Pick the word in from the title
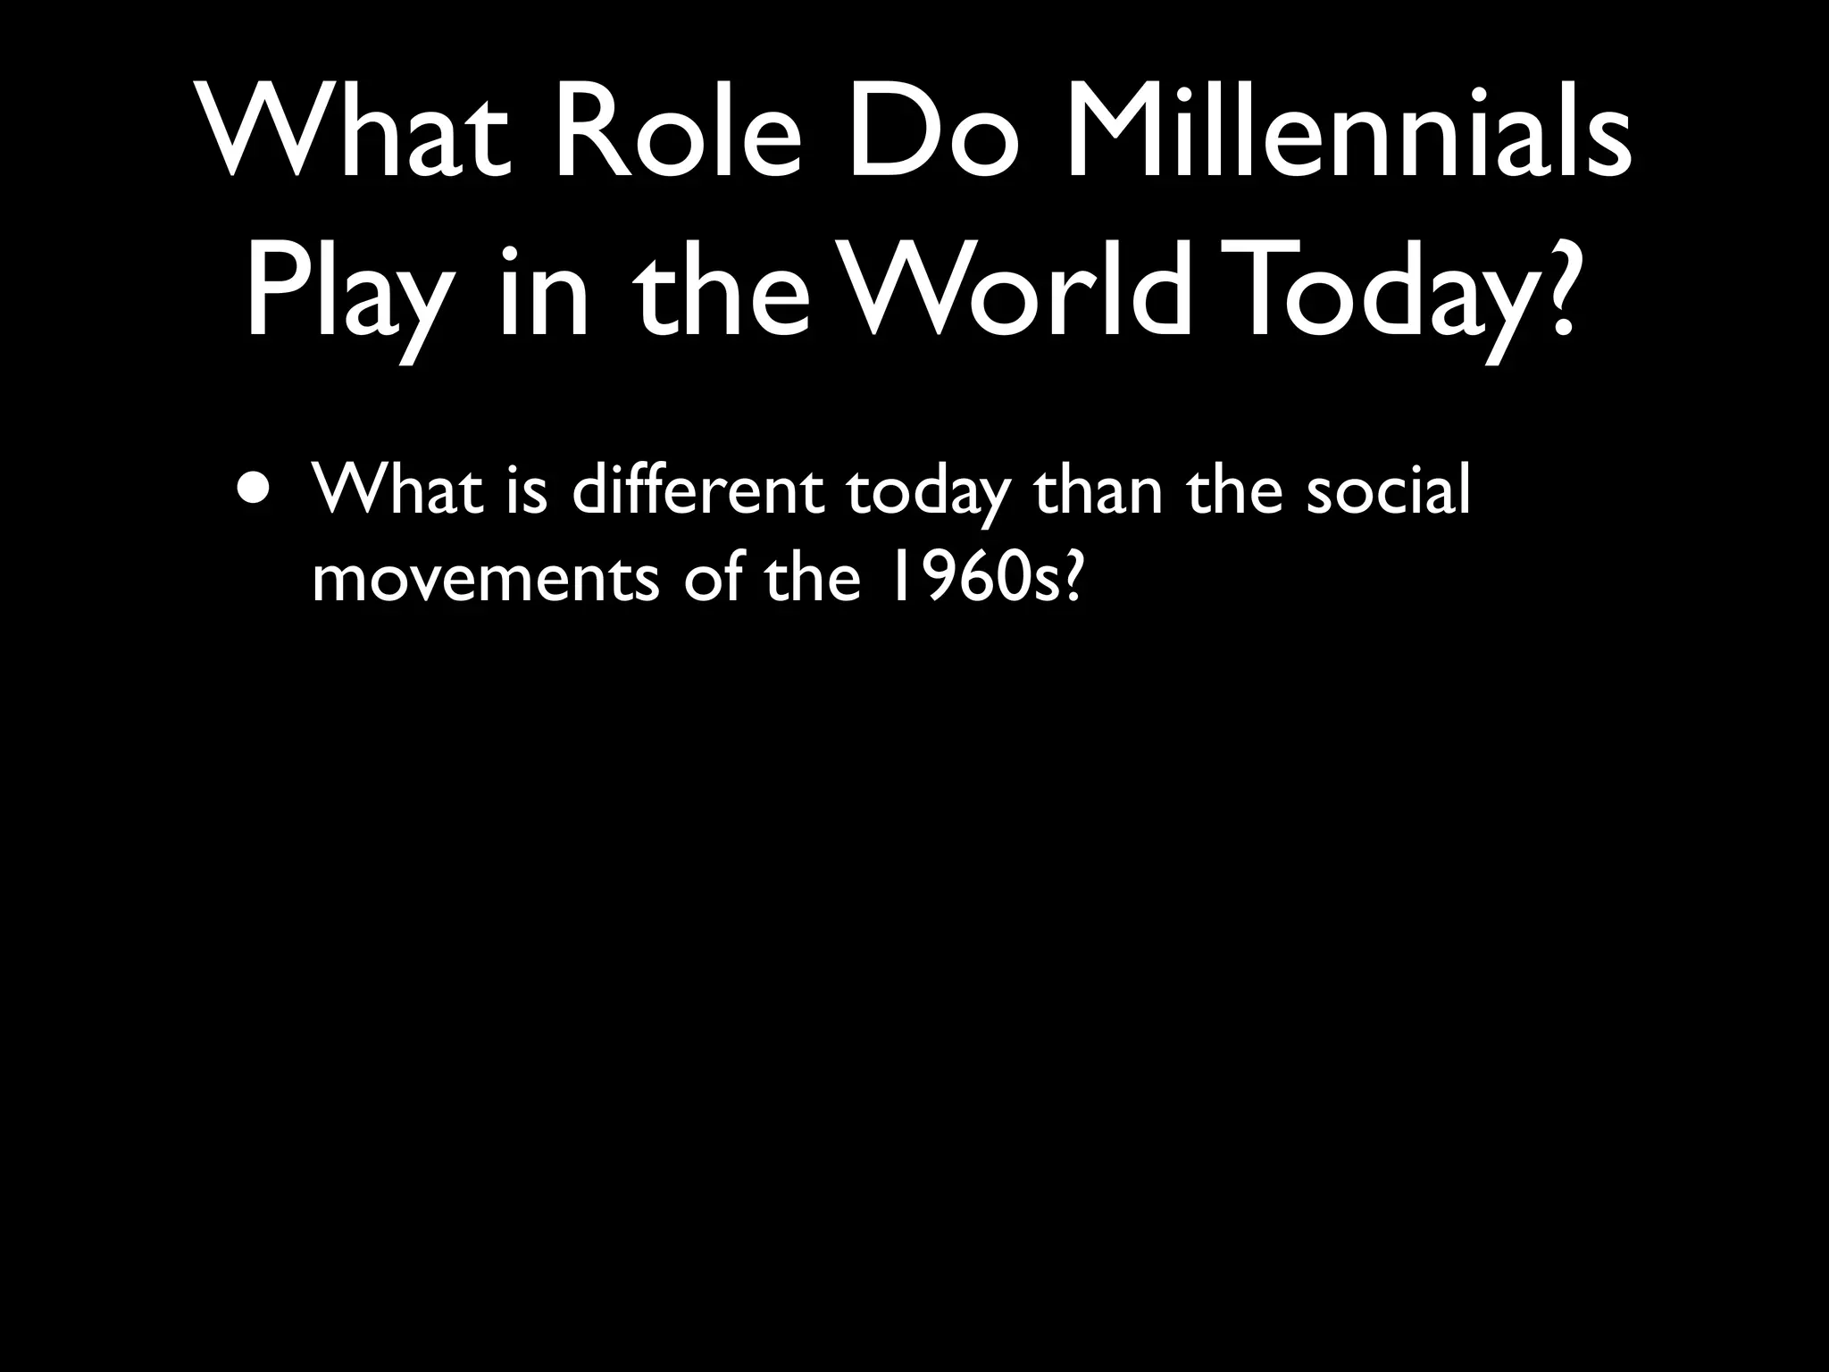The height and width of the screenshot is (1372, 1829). (x=545, y=290)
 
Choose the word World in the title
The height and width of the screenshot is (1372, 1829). (x=1019, y=290)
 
